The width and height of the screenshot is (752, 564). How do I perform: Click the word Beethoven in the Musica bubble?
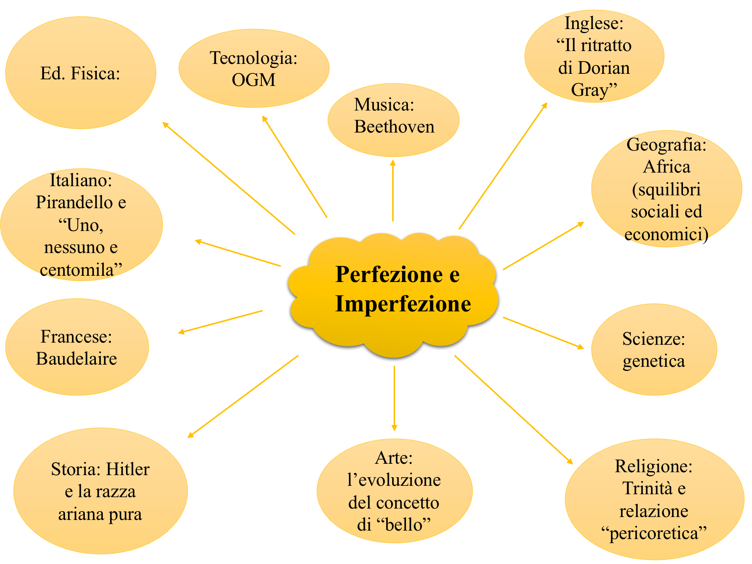(x=394, y=127)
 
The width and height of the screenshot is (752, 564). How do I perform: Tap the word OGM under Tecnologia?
(x=253, y=80)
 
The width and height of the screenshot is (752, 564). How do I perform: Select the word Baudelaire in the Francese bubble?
(x=76, y=359)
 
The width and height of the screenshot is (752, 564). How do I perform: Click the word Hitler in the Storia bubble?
(x=128, y=469)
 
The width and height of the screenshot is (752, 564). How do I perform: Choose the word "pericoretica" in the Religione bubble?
(x=654, y=533)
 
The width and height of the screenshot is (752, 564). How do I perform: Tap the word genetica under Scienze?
(x=654, y=361)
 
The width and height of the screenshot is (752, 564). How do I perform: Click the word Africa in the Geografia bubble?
(x=666, y=167)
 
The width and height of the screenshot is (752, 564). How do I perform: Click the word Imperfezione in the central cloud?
(x=403, y=304)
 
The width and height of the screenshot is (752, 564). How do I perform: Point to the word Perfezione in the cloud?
(x=389, y=274)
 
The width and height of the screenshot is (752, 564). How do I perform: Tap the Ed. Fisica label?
(x=80, y=73)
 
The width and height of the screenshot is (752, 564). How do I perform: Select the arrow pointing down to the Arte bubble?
(x=394, y=398)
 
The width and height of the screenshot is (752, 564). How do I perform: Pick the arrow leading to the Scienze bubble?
(x=543, y=333)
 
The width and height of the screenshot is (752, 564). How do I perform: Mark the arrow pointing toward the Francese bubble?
(x=220, y=322)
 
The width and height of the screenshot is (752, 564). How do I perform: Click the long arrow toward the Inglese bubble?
(x=503, y=166)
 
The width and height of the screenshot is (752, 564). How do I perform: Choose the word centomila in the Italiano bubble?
(x=77, y=270)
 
